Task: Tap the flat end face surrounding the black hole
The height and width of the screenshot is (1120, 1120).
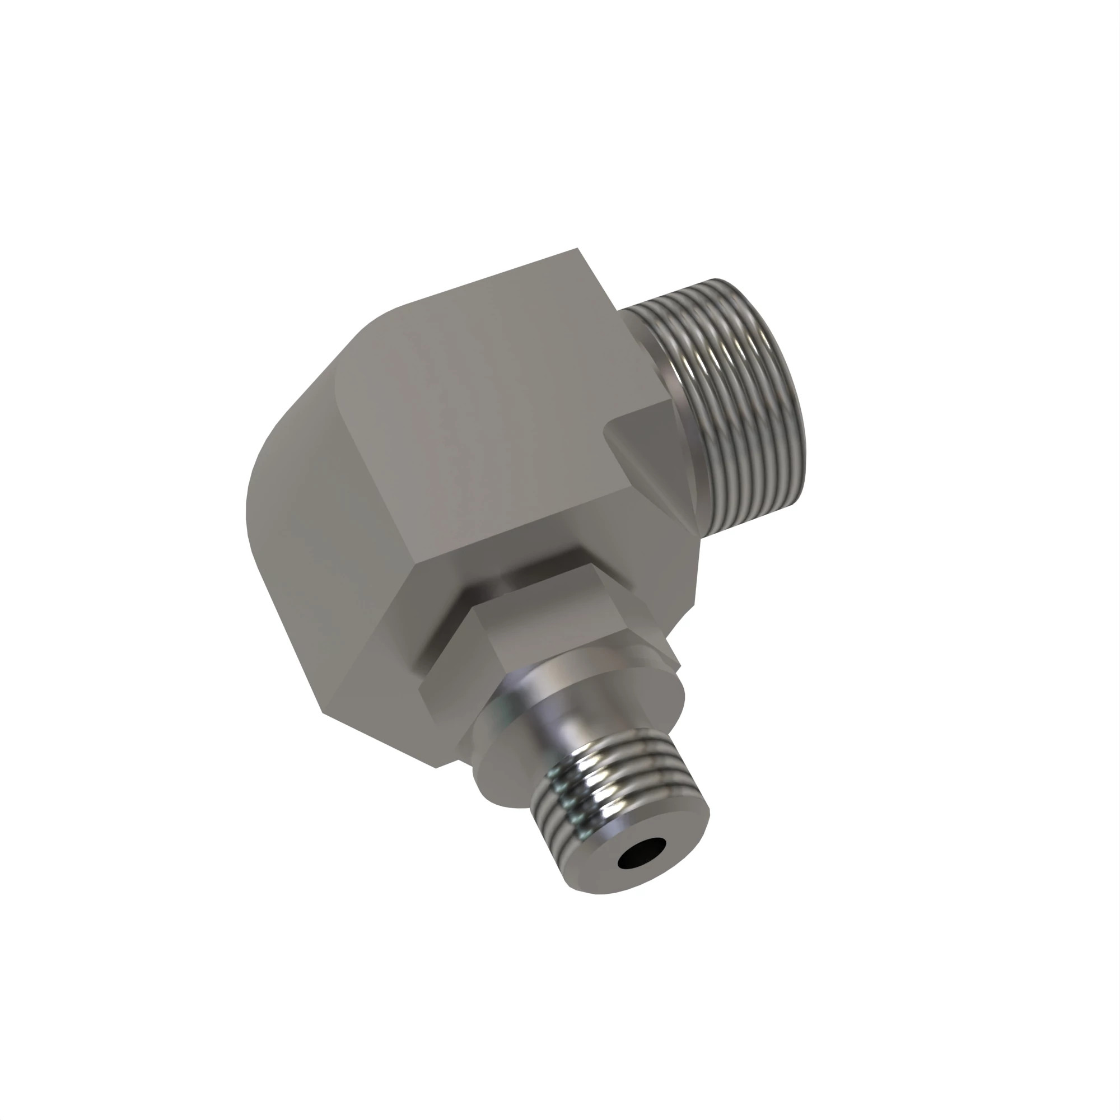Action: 673,852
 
